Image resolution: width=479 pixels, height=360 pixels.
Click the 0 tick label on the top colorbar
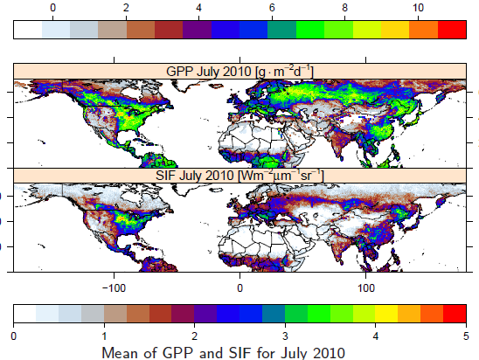click(x=52, y=8)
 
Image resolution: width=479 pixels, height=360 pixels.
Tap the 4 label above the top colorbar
click(x=199, y=8)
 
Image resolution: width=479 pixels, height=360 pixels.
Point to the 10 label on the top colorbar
click(x=418, y=8)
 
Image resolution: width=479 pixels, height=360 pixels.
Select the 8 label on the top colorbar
click(x=345, y=8)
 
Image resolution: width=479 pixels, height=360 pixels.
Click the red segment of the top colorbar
click(x=452, y=30)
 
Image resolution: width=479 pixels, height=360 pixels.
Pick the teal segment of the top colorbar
click(x=281, y=30)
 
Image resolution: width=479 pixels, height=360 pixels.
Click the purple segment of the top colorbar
click(x=197, y=30)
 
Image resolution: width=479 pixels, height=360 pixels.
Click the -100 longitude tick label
click(x=114, y=288)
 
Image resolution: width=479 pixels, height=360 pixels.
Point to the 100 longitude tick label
click(x=365, y=288)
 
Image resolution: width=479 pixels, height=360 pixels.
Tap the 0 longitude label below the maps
click(x=239, y=288)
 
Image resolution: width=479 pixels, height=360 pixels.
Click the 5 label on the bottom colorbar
click(x=466, y=336)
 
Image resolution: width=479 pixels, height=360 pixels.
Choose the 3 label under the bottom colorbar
click(x=285, y=336)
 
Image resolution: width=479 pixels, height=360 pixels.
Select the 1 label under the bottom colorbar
click(x=104, y=336)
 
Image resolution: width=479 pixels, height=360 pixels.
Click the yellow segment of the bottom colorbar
click(x=386, y=314)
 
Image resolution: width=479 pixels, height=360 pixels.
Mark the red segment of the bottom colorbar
click(x=455, y=314)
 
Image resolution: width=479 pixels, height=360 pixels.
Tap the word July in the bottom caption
click(x=291, y=354)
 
